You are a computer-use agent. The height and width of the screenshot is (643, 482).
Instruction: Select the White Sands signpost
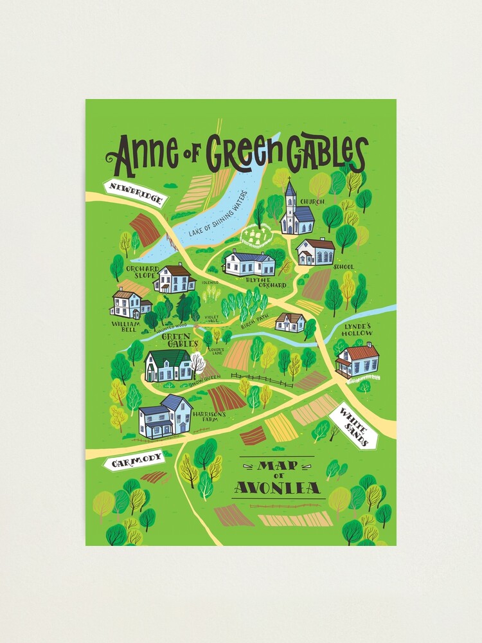coord(353,426)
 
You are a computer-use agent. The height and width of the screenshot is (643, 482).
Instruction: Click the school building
coord(316,251)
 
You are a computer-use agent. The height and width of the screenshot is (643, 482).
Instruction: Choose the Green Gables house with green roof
coord(168,366)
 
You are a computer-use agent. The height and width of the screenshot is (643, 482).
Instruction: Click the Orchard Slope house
coord(174,278)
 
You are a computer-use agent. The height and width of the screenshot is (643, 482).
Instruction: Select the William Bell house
coord(130,303)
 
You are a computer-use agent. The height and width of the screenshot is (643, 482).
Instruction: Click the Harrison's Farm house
coord(165,416)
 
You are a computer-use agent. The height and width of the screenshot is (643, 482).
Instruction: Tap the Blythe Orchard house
coord(249,262)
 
